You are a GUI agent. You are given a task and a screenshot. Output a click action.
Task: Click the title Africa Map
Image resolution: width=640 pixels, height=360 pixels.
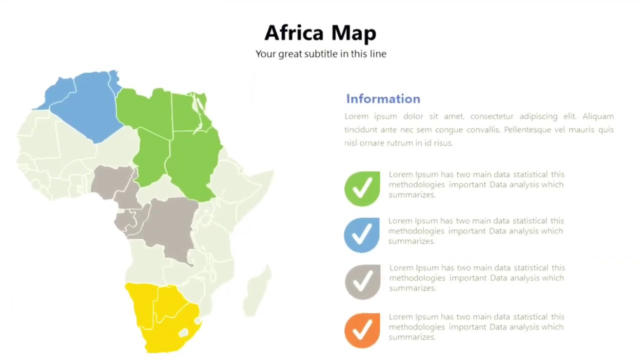(x=320, y=33)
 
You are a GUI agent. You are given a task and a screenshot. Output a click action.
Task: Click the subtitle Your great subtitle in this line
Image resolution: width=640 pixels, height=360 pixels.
(x=320, y=54)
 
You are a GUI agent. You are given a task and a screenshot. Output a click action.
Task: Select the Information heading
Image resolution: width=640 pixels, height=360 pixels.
(x=383, y=99)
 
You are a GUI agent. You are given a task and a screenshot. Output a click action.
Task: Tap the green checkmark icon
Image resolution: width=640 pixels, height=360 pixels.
(x=362, y=188)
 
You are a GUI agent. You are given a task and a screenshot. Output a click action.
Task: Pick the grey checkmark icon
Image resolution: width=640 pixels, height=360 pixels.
(x=362, y=282)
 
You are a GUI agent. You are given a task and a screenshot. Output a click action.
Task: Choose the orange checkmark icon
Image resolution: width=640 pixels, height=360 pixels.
(x=362, y=330)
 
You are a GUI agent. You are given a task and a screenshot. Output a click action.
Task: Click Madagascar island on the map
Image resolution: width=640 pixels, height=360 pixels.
(x=257, y=290)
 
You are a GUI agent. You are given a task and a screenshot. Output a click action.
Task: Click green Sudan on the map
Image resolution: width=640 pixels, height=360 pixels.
(x=192, y=160)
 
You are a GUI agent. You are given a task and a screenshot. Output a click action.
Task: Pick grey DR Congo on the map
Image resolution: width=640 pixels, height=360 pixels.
(x=170, y=225)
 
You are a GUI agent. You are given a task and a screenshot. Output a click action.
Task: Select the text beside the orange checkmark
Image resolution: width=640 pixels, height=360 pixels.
(x=476, y=327)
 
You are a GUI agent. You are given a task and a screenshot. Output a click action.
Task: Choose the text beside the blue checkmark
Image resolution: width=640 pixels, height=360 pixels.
(x=475, y=231)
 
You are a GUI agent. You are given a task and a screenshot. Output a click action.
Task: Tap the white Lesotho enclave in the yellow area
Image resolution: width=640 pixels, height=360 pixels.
(x=183, y=332)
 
